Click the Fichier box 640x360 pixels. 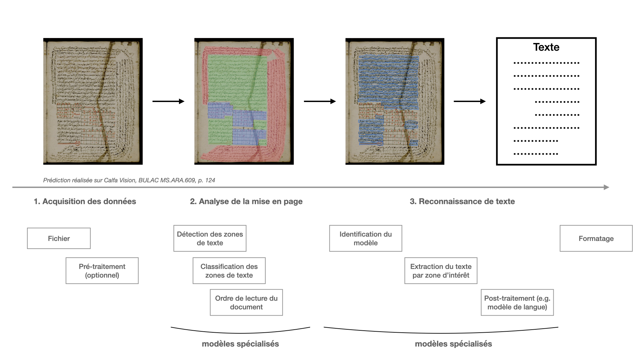[x=59, y=238]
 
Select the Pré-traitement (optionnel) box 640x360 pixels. [x=102, y=271]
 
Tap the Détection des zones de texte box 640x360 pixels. [x=210, y=238]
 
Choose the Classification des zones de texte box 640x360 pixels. [x=229, y=271]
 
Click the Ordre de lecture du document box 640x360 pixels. [x=246, y=302]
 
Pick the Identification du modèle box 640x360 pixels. [x=366, y=238]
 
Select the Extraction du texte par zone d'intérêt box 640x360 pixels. [x=441, y=271]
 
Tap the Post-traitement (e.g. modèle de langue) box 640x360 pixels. [x=517, y=302]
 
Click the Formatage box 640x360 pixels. [x=596, y=238]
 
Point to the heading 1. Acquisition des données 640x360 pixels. [x=85, y=201]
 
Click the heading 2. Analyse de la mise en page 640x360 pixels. [x=246, y=201]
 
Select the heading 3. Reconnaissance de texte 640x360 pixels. [x=462, y=201]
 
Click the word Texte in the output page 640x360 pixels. [x=546, y=47]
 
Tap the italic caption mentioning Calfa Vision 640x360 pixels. [x=129, y=180]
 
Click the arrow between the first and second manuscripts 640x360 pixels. [x=168, y=101]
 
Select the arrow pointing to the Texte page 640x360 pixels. [x=469, y=101]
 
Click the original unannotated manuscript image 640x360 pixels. [x=93, y=101]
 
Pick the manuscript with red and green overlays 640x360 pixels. [x=244, y=101]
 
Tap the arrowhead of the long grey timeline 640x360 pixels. [x=606, y=187]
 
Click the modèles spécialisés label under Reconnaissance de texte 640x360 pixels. [x=453, y=344]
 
